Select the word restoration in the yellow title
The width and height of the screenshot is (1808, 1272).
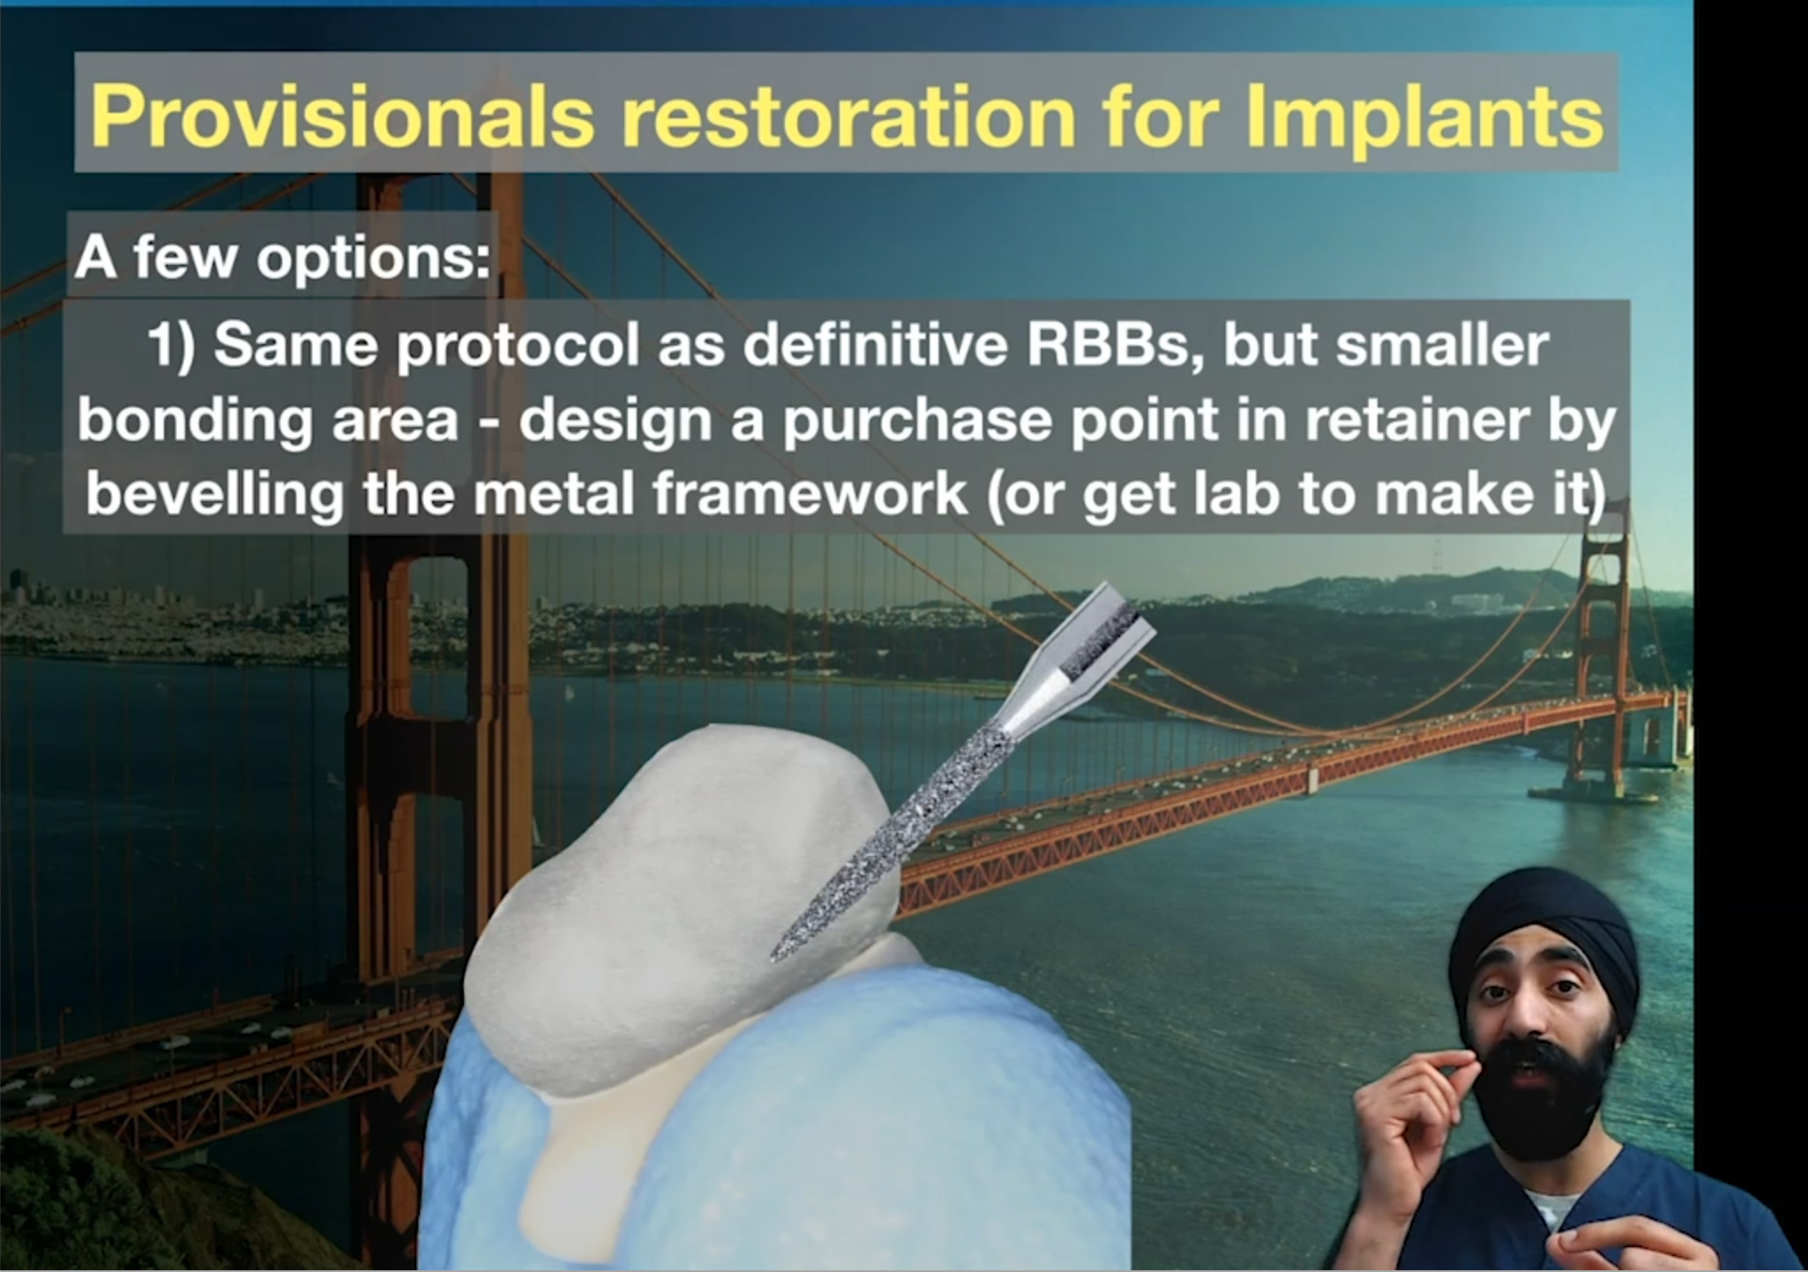point(848,116)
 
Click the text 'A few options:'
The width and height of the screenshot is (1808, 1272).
point(282,258)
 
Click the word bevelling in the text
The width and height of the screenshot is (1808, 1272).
point(215,493)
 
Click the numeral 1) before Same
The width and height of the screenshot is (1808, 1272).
point(169,347)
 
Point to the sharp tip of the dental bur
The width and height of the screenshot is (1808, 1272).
point(773,958)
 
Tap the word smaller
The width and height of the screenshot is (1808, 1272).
point(1442,346)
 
